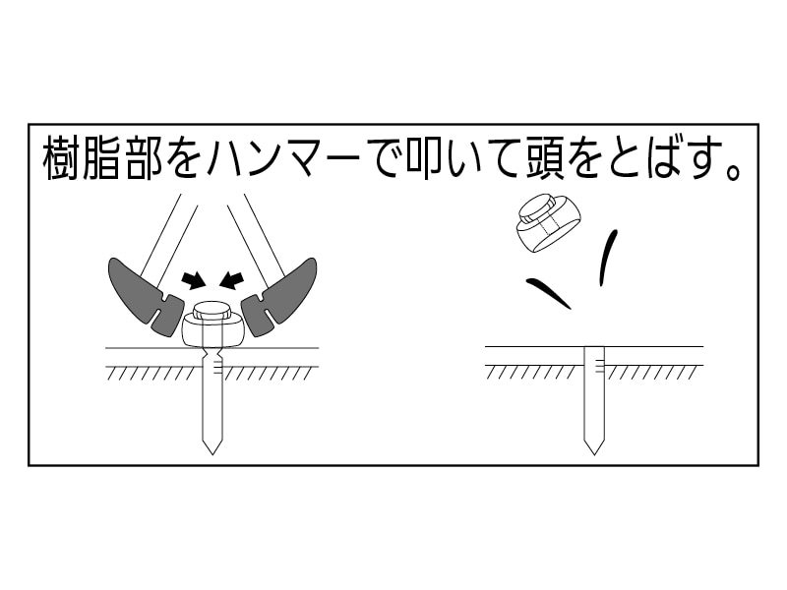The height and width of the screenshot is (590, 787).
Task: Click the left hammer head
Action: [143, 295]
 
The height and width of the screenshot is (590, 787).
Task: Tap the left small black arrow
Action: [194, 280]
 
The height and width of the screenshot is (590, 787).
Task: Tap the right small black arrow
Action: [232, 280]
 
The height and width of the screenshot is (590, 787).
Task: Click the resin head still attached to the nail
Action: [212, 330]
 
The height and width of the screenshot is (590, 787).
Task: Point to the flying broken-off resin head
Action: [548, 222]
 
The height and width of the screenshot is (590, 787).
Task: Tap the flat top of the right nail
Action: [593, 348]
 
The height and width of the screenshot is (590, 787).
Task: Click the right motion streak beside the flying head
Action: [609, 256]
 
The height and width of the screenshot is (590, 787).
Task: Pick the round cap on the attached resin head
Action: [212, 310]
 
